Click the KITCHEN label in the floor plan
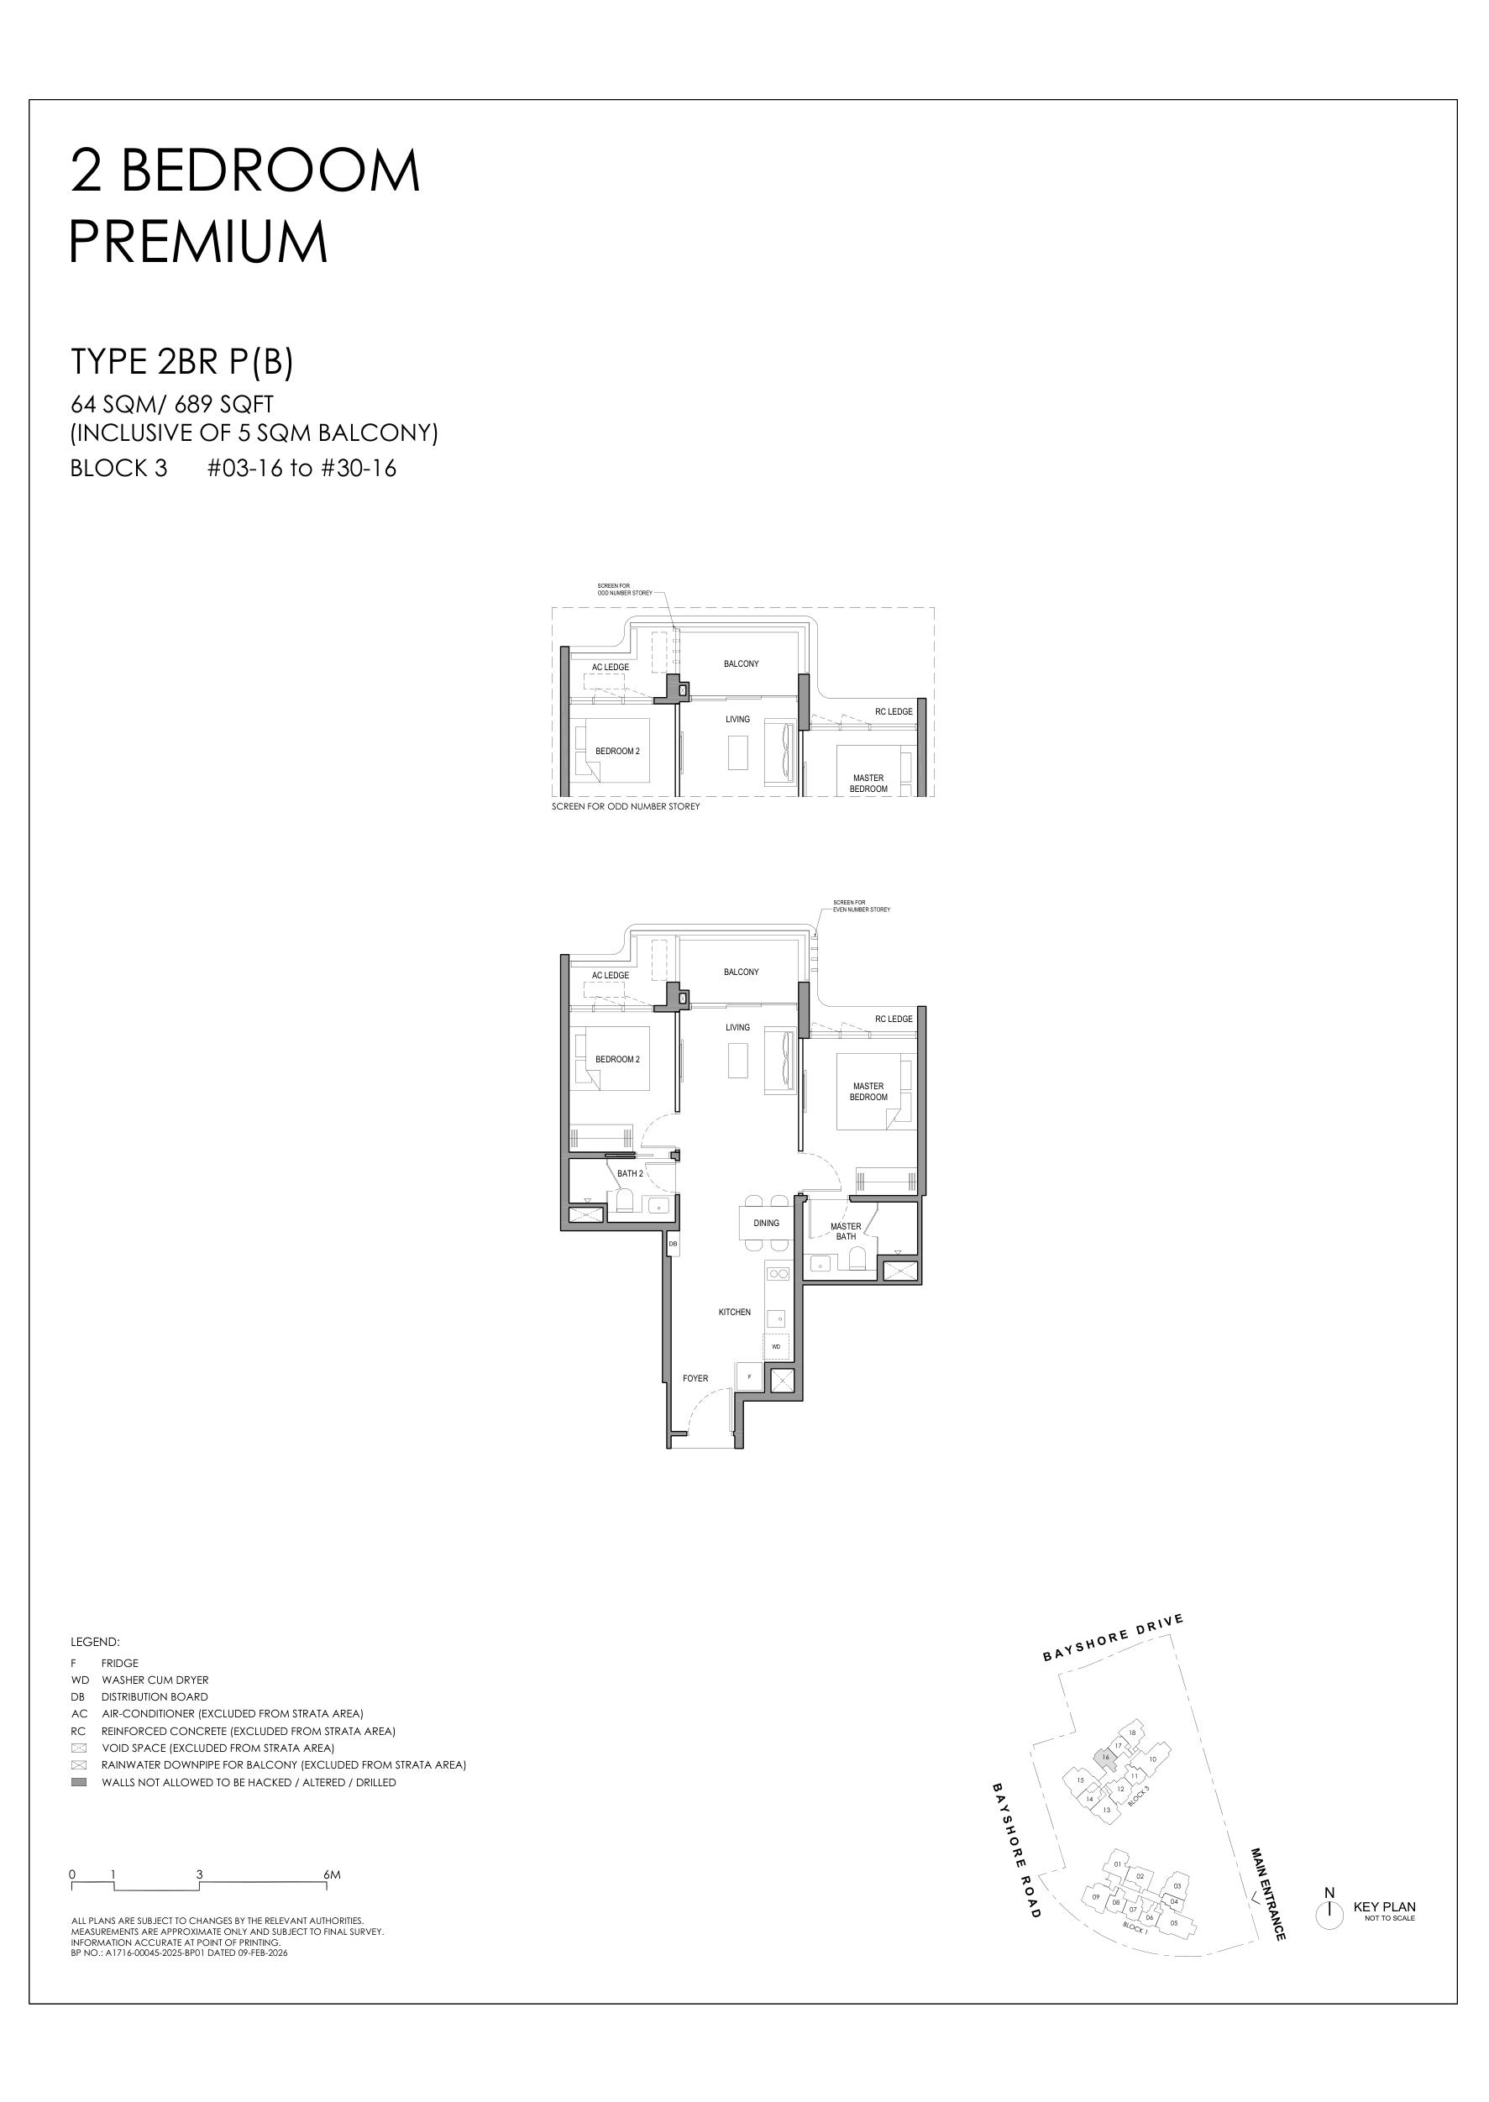click(734, 1312)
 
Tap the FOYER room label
click(695, 1378)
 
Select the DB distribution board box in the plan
click(672, 1244)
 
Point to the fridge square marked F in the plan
click(749, 1377)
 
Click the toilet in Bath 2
click(627, 1201)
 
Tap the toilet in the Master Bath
click(857, 1262)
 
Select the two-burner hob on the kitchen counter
click(778, 1273)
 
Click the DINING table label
click(766, 1223)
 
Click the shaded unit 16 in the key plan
click(1106, 1758)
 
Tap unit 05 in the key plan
click(1175, 1922)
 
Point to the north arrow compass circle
click(1329, 1911)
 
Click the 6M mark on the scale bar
click(331, 1874)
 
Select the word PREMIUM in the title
click(198, 242)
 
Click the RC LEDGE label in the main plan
click(893, 1019)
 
